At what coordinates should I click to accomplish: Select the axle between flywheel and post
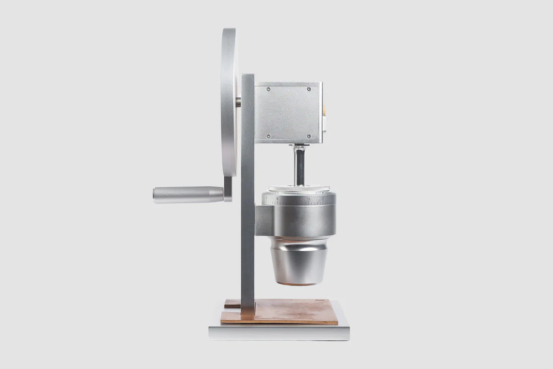238,102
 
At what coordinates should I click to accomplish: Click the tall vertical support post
247,201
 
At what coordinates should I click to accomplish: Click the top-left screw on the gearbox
268,89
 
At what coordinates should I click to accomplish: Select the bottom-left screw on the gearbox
268,136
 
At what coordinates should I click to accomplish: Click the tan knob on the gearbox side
324,109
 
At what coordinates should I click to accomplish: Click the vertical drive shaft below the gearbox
299,166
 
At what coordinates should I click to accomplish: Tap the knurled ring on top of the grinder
299,189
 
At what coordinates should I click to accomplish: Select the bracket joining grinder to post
264,220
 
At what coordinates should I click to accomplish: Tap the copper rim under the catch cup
299,284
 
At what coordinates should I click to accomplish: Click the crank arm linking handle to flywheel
228,189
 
